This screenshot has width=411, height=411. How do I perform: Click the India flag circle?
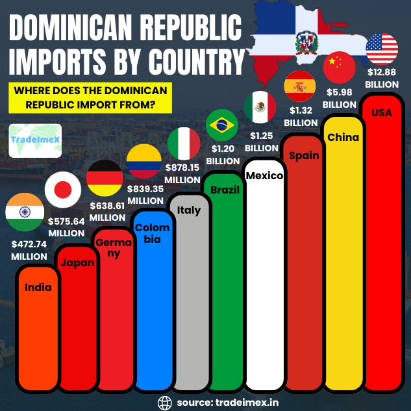25,212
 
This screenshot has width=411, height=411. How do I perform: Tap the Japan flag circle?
62,189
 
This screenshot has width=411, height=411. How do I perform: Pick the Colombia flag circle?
143,160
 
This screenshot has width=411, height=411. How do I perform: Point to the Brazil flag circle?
222,125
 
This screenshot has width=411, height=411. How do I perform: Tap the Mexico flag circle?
260,106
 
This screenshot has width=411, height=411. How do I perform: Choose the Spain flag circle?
300,86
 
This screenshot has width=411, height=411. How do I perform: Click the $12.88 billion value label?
382,79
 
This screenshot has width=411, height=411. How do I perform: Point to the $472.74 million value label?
29,251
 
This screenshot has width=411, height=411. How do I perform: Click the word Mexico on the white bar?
264,175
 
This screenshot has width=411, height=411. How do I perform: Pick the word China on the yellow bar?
343,137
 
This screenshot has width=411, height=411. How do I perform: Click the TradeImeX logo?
36,140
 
